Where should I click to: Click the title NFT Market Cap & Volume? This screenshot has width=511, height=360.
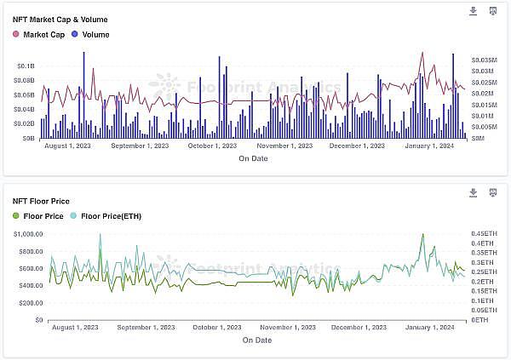click(x=60, y=19)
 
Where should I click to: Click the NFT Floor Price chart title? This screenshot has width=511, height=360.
click(x=41, y=201)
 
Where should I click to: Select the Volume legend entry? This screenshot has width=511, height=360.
click(x=89, y=34)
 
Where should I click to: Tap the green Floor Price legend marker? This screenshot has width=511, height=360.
click(x=15, y=216)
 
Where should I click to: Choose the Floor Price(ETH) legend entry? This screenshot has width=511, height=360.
click(x=106, y=216)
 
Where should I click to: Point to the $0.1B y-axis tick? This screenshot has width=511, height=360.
click(x=26, y=66)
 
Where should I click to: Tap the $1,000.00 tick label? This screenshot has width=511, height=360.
click(x=28, y=233)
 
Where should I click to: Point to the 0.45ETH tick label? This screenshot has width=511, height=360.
click(x=484, y=233)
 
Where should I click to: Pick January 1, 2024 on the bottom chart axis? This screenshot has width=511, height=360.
click(x=430, y=327)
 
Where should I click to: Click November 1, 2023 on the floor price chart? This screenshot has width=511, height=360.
click(x=287, y=327)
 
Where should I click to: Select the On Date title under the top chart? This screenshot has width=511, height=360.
click(x=253, y=158)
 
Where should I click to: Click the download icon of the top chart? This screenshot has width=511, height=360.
click(x=474, y=11)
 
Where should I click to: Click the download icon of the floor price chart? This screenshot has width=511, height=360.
click(x=474, y=192)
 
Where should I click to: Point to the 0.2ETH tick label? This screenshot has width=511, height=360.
click(x=482, y=281)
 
